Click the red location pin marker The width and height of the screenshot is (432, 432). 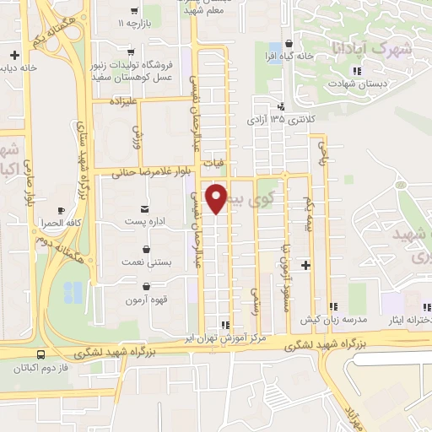point(216,198)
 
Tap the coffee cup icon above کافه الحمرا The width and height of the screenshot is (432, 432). point(60,210)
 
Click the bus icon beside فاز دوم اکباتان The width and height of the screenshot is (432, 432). point(42,354)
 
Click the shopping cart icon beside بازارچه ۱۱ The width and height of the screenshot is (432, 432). point(132,13)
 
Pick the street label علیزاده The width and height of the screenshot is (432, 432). point(121,100)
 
